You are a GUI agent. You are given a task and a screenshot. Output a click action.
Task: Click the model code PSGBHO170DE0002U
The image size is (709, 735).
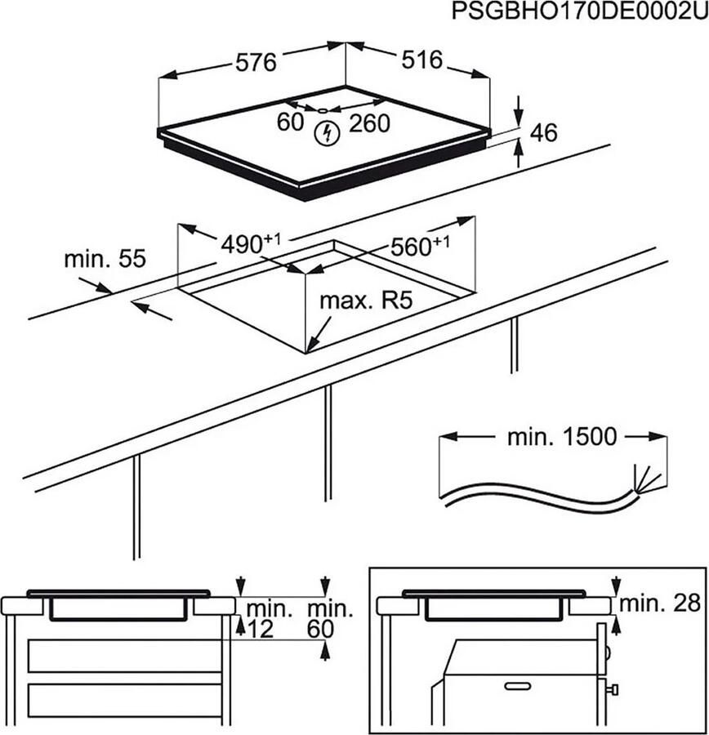click(579, 13)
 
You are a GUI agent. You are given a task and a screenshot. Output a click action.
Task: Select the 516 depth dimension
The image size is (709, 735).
click(421, 59)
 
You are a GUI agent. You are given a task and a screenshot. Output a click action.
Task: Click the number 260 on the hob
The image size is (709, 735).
click(369, 123)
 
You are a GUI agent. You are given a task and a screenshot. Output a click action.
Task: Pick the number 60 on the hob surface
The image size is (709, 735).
click(291, 122)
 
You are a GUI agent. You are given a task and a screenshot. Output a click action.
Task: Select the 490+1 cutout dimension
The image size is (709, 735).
click(250, 243)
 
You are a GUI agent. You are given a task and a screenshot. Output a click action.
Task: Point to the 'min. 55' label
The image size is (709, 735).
click(105, 260)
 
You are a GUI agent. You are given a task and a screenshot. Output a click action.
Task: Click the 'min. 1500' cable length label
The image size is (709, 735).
click(561, 437)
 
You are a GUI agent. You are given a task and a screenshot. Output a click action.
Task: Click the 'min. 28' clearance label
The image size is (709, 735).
click(660, 604)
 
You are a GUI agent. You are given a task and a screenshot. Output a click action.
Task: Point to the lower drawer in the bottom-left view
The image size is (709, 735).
click(125, 699)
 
